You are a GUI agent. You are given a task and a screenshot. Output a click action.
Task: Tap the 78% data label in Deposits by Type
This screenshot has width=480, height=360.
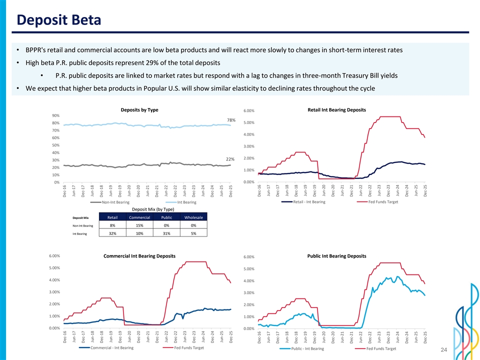[x=231, y=120]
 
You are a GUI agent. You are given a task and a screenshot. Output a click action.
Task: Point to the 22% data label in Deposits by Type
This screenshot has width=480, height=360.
[x=230, y=159]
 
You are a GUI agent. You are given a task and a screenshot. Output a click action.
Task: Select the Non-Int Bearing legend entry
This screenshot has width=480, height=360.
[x=115, y=202]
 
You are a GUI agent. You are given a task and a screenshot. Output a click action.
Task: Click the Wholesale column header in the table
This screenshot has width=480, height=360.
[x=193, y=217]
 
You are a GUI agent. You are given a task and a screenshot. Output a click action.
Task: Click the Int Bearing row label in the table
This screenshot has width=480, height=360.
[x=81, y=233]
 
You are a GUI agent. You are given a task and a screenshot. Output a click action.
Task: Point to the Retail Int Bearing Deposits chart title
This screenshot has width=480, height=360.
[x=336, y=109]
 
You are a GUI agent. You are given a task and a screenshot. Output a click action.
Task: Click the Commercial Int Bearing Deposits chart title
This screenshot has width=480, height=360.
[x=139, y=256]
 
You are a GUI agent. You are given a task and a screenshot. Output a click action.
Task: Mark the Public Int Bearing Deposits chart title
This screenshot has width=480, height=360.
[x=336, y=256]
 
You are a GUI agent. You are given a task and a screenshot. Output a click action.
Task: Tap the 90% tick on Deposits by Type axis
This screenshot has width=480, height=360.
[x=55, y=115]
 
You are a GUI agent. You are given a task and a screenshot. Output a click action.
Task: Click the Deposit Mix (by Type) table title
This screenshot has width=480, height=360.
[x=139, y=209]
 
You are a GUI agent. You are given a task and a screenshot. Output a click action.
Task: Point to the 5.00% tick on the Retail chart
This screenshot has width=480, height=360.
[x=249, y=123]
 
